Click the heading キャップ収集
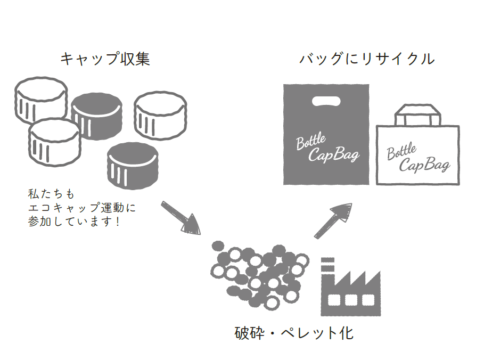105,59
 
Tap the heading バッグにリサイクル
367,59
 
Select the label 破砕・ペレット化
294,333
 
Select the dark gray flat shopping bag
325,133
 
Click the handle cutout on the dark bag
326,102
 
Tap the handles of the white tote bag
419,113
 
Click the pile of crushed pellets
259,273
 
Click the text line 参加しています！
74,220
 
